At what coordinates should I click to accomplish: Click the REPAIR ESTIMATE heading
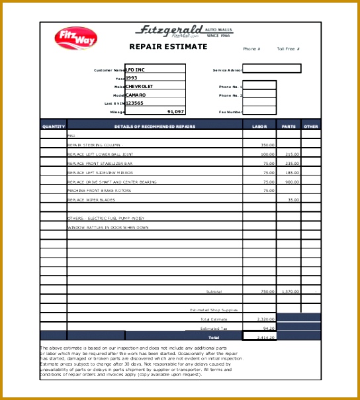point(167,47)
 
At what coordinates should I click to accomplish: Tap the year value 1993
point(132,77)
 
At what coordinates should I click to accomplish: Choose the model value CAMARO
point(136,95)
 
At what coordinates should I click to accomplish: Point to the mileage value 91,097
point(175,111)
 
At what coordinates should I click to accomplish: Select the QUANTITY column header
point(54,126)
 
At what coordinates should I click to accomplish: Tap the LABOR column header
point(259,126)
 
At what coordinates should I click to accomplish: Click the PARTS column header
point(289,126)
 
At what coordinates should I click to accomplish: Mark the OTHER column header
point(311,126)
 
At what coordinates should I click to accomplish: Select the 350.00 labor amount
point(267,144)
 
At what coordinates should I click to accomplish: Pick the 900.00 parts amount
point(292,181)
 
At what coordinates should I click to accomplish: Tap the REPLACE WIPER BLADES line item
point(91,199)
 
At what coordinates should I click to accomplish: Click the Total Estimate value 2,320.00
point(266,319)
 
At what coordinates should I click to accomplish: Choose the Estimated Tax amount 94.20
point(269,328)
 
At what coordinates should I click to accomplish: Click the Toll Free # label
point(289,49)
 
